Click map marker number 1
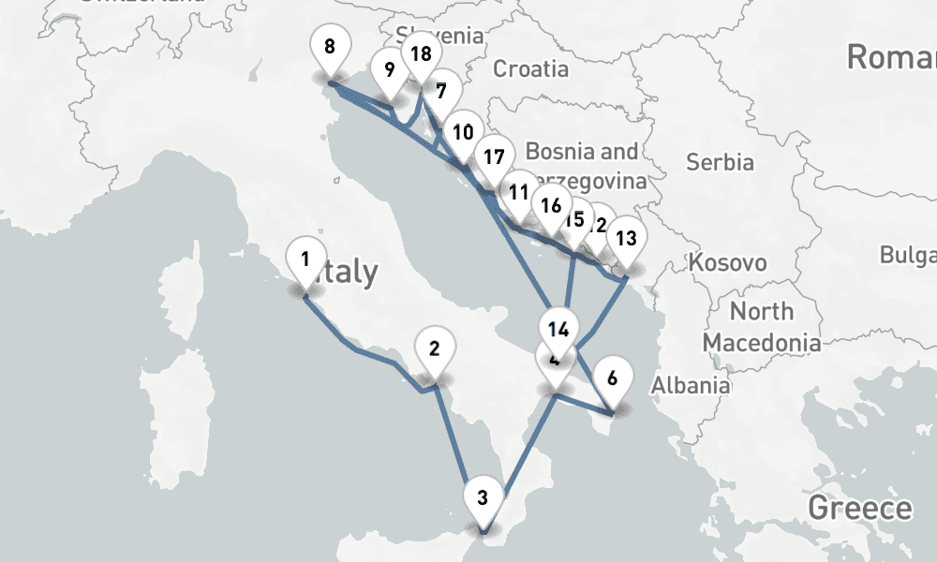(x=305, y=258)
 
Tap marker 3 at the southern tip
(x=482, y=497)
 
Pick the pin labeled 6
(x=612, y=379)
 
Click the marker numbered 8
(x=329, y=48)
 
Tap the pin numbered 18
(x=422, y=54)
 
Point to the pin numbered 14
(x=559, y=330)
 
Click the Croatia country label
(x=530, y=68)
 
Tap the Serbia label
(x=720, y=162)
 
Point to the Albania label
(x=691, y=384)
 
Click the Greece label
(x=859, y=509)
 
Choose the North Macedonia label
(x=761, y=326)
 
